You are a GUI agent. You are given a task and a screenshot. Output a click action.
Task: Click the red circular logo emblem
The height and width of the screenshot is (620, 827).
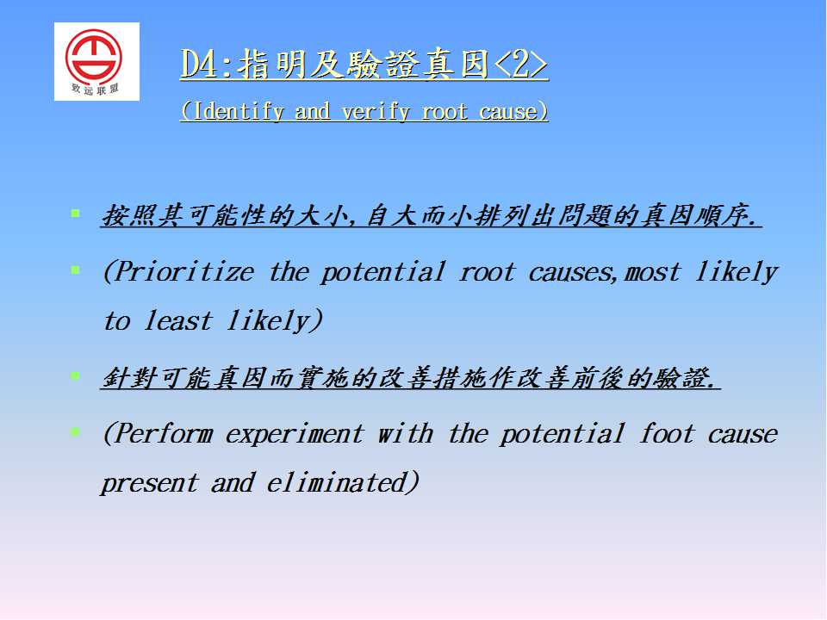click(94, 56)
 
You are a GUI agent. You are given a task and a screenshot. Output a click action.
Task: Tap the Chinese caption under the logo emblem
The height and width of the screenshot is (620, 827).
click(95, 89)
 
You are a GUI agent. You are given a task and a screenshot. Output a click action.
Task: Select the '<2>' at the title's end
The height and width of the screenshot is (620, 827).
click(520, 65)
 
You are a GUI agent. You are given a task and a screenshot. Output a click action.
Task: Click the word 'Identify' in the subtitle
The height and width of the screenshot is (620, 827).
click(239, 112)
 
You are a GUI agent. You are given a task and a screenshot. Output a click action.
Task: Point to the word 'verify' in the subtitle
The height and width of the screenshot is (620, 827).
click(375, 112)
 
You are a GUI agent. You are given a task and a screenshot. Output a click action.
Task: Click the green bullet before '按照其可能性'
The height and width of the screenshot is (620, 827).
click(76, 214)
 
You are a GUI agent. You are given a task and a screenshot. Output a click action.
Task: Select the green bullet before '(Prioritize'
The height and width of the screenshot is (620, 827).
click(76, 270)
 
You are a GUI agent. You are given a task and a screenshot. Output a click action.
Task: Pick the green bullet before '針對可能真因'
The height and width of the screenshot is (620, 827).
click(76, 376)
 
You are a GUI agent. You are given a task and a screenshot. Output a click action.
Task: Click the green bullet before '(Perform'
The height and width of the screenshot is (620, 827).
click(76, 432)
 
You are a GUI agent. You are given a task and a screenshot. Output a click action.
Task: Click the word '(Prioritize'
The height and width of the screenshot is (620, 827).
click(179, 273)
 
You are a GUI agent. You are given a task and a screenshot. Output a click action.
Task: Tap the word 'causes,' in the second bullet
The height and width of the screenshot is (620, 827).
click(573, 273)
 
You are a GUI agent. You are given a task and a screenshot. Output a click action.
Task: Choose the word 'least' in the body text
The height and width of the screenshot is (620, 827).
click(178, 320)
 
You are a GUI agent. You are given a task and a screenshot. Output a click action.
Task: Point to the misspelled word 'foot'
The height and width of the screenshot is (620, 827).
click(667, 433)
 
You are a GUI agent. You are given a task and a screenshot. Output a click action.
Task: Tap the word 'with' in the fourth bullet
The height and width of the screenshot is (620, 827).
click(406, 433)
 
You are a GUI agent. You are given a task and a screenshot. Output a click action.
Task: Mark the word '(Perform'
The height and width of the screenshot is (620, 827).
click(159, 434)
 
